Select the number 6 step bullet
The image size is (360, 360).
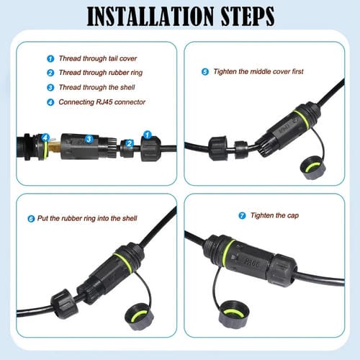click(x=30, y=218)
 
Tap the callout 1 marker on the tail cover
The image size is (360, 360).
click(x=147, y=135)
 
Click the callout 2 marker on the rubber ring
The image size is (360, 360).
click(x=130, y=144)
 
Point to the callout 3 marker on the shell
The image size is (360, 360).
click(x=89, y=138)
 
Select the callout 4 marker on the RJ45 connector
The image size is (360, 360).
click(x=45, y=137)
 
